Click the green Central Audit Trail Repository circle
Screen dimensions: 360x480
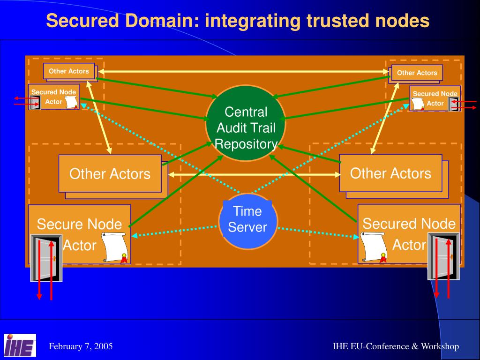(245, 123)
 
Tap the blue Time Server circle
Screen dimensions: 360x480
(248, 221)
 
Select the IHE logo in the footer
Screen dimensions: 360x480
(20, 345)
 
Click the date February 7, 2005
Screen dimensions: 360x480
(81, 346)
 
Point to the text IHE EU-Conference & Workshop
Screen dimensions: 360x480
(396, 346)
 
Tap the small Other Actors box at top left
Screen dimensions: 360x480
(69, 71)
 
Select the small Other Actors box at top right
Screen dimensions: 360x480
(417, 73)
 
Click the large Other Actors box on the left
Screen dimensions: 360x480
(110, 173)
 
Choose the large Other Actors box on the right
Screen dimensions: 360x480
(390, 173)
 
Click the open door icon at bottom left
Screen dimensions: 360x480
(46, 258)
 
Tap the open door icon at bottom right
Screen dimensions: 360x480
(443, 256)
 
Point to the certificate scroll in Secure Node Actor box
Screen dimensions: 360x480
(114, 247)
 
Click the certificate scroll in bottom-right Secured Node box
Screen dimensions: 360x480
(373, 247)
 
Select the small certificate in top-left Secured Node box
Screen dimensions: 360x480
(71, 102)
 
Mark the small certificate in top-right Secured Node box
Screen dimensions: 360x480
(418, 103)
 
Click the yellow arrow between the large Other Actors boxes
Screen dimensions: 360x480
(254, 175)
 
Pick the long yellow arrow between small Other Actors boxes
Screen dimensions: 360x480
(244, 71)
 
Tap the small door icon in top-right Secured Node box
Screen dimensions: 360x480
(452, 104)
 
